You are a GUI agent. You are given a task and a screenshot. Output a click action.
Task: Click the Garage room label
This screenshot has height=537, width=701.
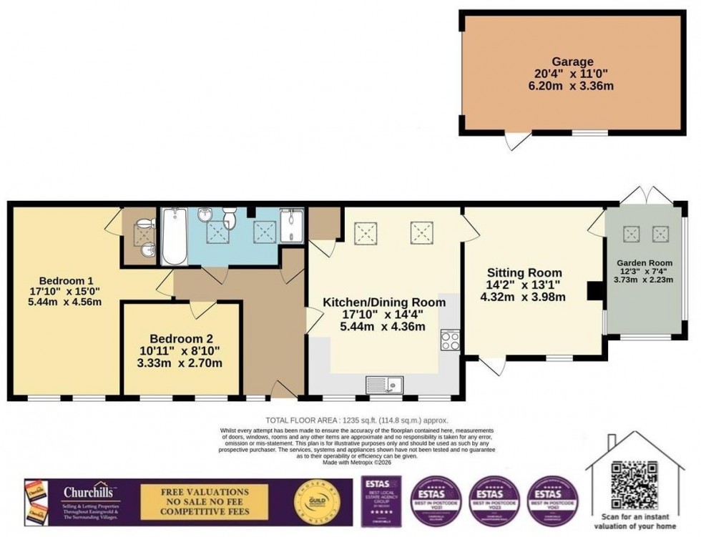572,61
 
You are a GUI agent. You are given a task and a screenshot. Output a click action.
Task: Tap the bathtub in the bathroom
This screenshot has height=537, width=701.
174,237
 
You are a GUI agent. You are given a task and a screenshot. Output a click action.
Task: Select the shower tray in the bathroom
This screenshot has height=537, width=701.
292,228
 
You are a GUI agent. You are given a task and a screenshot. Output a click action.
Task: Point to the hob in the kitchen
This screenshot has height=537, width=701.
451,340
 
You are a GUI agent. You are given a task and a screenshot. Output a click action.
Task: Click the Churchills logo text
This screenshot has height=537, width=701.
91,492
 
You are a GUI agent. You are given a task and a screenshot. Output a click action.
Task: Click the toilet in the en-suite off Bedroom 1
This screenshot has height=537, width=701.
147,225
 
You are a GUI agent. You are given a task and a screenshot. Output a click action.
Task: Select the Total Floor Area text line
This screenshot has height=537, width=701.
356,421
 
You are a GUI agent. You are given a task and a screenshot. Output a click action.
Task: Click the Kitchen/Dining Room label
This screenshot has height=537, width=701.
384,302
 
